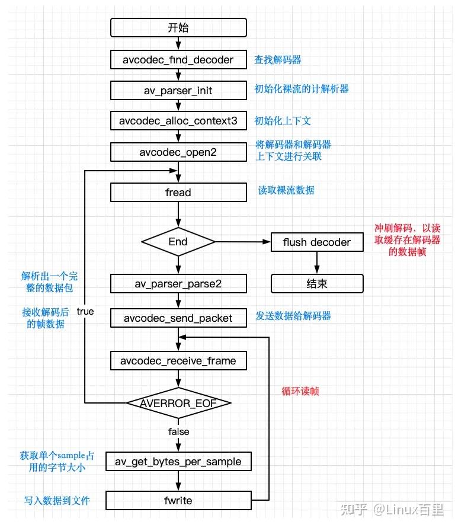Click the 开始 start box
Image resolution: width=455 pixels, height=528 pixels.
pyautogui.click(x=178, y=28)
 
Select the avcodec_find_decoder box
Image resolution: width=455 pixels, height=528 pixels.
pyautogui.click(x=178, y=59)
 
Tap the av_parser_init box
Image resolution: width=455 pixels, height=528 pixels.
pyautogui.click(x=178, y=91)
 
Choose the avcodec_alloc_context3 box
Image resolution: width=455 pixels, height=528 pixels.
pyautogui.click(x=178, y=121)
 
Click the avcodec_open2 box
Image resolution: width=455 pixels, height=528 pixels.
pyautogui.click(x=178, y=152)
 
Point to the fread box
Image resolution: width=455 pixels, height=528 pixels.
pyautogui.click(x=178, y=192)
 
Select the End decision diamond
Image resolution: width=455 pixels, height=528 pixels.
pyautogui.click(x=178, y=241)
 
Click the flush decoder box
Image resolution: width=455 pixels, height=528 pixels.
pyautogui.click(x=316, y=242)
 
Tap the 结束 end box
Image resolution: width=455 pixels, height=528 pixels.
pyautogui.click(x=316, y=283)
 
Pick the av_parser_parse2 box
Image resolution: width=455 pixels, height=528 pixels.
pyautogui.click(x=178, y=283)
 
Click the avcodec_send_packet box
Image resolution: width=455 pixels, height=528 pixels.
pyautogui.click(x=178, y=318)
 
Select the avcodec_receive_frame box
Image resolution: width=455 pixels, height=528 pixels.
pyautogui.click(x=178, y=360)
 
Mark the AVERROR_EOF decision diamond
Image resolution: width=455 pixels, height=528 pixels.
pyautogui.click(x=178, y=403)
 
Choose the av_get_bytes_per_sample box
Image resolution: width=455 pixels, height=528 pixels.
pyautogui.click(x=178, y=461)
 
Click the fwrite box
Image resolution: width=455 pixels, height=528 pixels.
pyautogui.click(x=178, y=501)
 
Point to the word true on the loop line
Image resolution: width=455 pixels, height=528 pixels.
pyautogui.click(x=85, y=311)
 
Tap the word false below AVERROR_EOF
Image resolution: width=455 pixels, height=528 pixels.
pyautogui.click(x=178, y=431)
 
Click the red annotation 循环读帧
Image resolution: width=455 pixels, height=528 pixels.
pyautogui.click(x=300, y=391)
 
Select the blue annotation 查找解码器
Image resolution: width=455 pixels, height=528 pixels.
pyautogui.click(x=277, y=60)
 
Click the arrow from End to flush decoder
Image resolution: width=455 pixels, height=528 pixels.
pyautogui.click(x=243, y=242)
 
